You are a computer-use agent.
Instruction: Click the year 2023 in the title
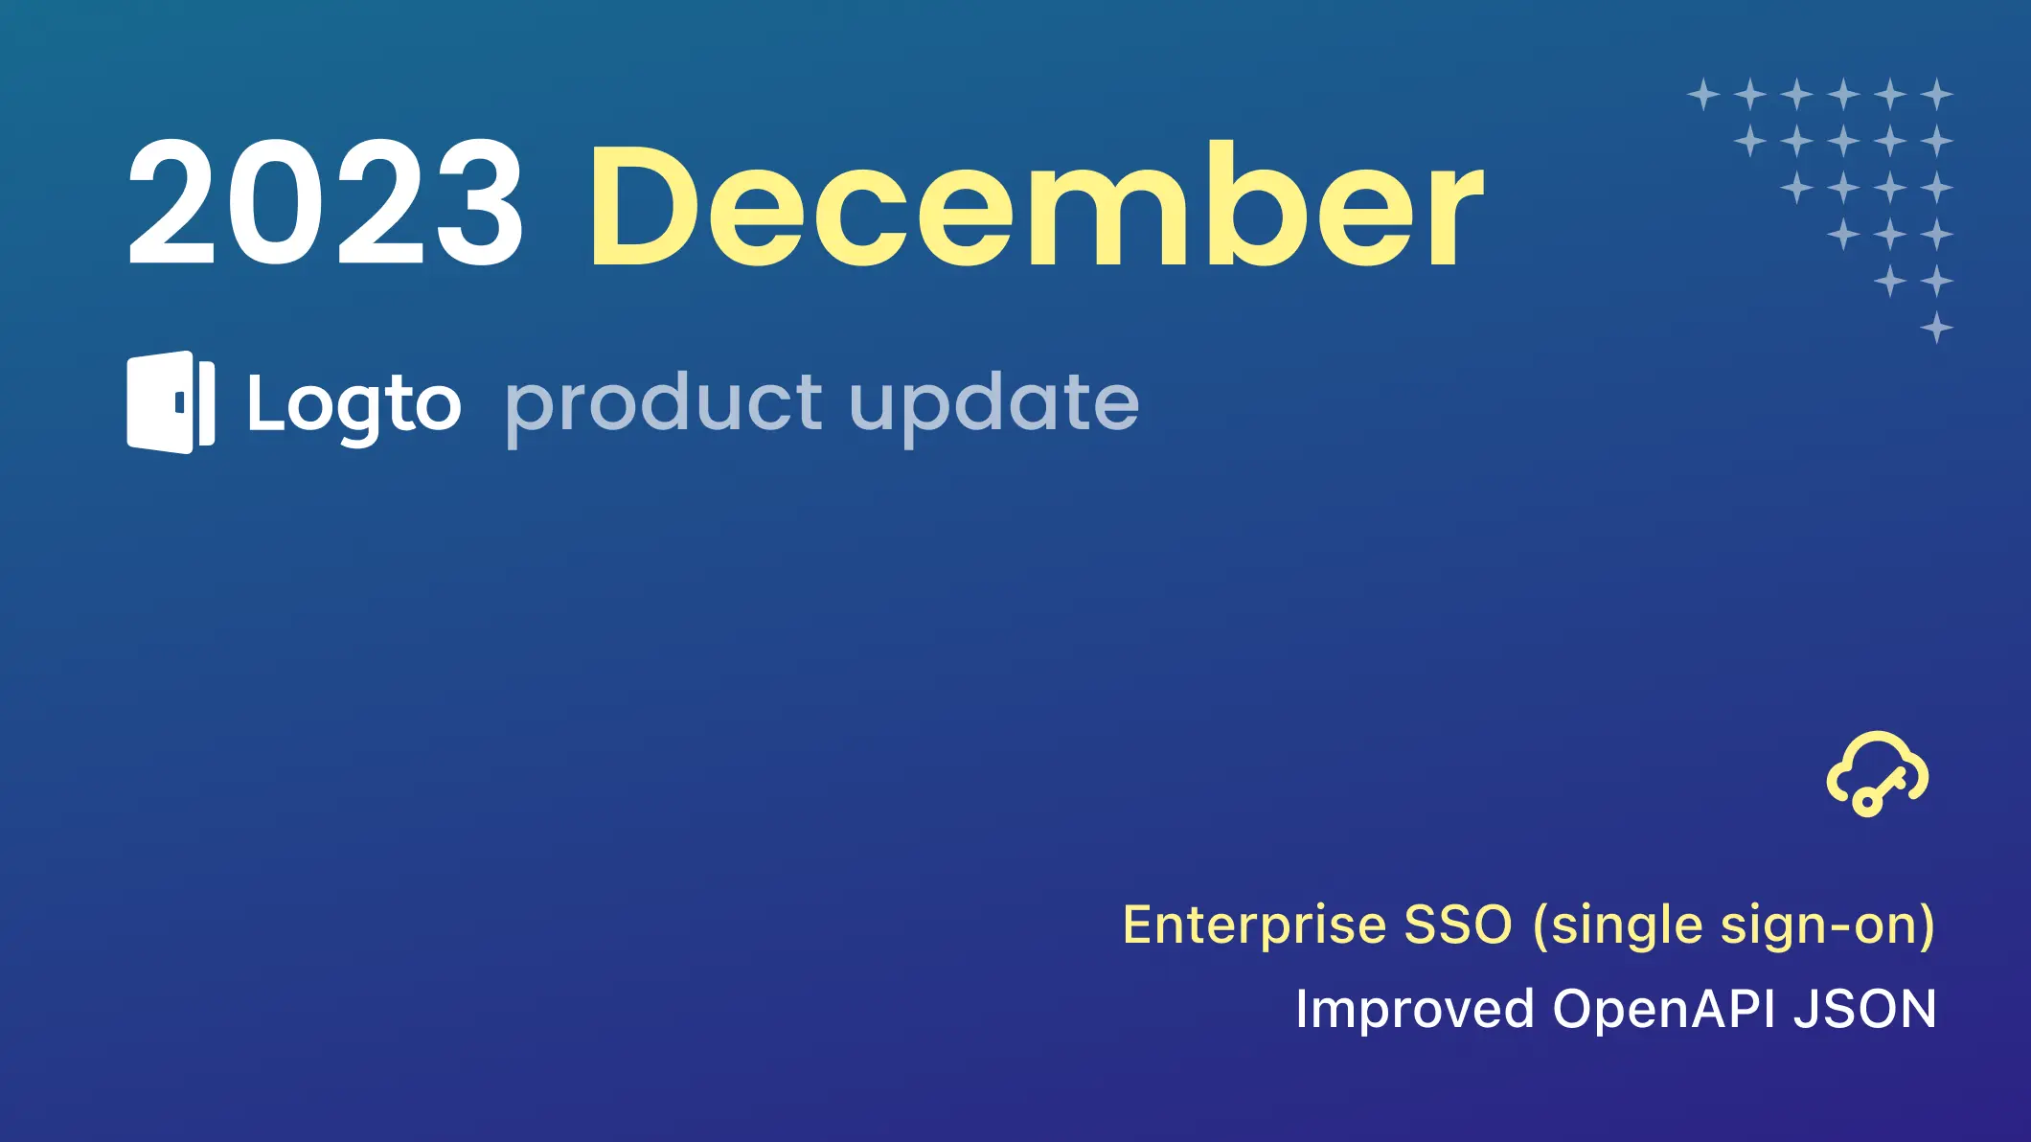[x=326, y=202]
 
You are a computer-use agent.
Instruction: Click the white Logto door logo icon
[x=171, y=401]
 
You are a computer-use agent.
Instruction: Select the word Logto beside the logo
[x=354, y=407]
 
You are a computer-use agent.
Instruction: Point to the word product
[x=663, y=406]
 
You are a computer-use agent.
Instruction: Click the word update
[x=993, y=406]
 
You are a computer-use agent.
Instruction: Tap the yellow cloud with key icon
[x=1877, y=774]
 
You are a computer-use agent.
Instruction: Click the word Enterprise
[x=1254, y=925]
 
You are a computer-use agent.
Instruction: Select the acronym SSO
[x=1458, y=925]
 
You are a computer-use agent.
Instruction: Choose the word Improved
[x=1415, y=1011]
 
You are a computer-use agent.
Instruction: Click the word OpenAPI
[x=1664, y=1011]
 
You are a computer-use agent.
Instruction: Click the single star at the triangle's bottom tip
[x=1936, y=328]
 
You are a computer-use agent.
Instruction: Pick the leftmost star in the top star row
[x=1703, y=95]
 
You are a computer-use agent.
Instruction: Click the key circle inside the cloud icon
[x=1867, y=800]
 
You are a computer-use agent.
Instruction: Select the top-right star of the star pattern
[x=1936, y=95]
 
